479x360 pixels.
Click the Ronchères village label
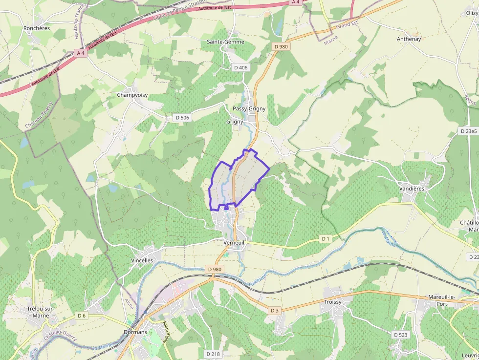37,28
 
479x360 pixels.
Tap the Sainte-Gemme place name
224,42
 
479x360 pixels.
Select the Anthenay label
409,39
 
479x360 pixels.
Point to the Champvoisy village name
132,95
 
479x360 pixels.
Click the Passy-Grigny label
249,108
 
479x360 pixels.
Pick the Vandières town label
412,188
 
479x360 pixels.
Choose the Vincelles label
142,260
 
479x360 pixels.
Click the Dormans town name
135,332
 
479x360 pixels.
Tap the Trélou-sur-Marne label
41,312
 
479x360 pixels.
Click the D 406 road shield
241,67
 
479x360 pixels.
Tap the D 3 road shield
274,311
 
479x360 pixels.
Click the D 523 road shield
400,335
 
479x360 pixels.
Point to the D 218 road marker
213,354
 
